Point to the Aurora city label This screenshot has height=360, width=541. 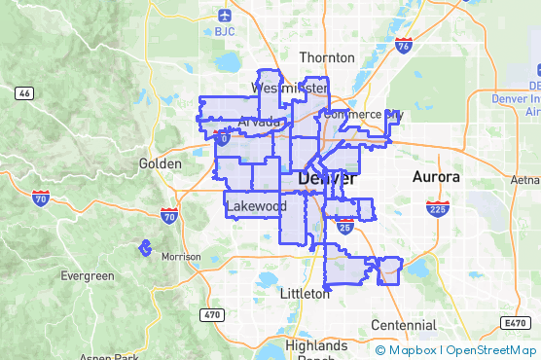coord(435,177)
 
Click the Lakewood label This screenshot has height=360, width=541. coord(256,206)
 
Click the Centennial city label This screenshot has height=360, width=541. coord(403,324)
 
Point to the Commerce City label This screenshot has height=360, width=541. coord(362,114)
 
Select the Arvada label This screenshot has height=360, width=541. coord(260,123)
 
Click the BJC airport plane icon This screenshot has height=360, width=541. coord(226,16)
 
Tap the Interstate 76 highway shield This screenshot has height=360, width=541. coord(404,45)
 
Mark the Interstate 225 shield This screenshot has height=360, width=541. coord(436,208)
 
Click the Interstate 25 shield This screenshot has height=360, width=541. coord(345,228)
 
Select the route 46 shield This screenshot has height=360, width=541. coord(25,93)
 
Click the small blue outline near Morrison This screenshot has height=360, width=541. coord(146,248)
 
